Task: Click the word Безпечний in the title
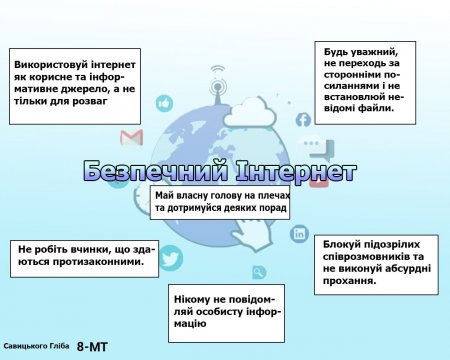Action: (x=136, y=170)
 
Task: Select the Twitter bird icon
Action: (x=171, y=259)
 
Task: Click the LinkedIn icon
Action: (x=299, y=233)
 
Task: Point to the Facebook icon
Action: (x=303, y=120)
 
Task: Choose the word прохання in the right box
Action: (x=349, y=282)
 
